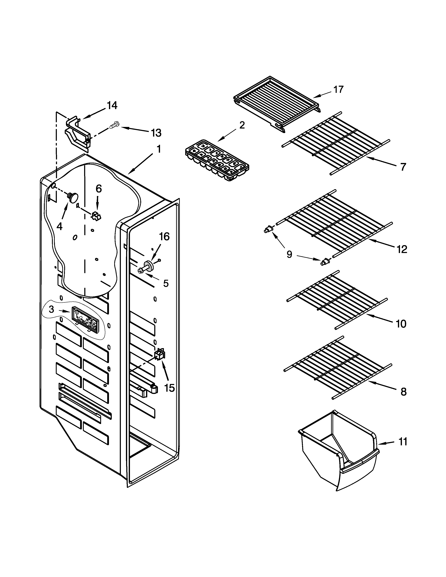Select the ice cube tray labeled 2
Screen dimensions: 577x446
pyautogui.click(x=217, y=160)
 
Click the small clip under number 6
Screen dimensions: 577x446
pyautogui.click(x=96, y=216)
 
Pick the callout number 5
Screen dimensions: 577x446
pyautogui.click(x=166, y=283)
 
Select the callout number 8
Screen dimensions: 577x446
pyautogui.click(x=403, y=392)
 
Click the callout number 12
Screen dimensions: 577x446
pyautogui.click(x=402, y=249)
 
